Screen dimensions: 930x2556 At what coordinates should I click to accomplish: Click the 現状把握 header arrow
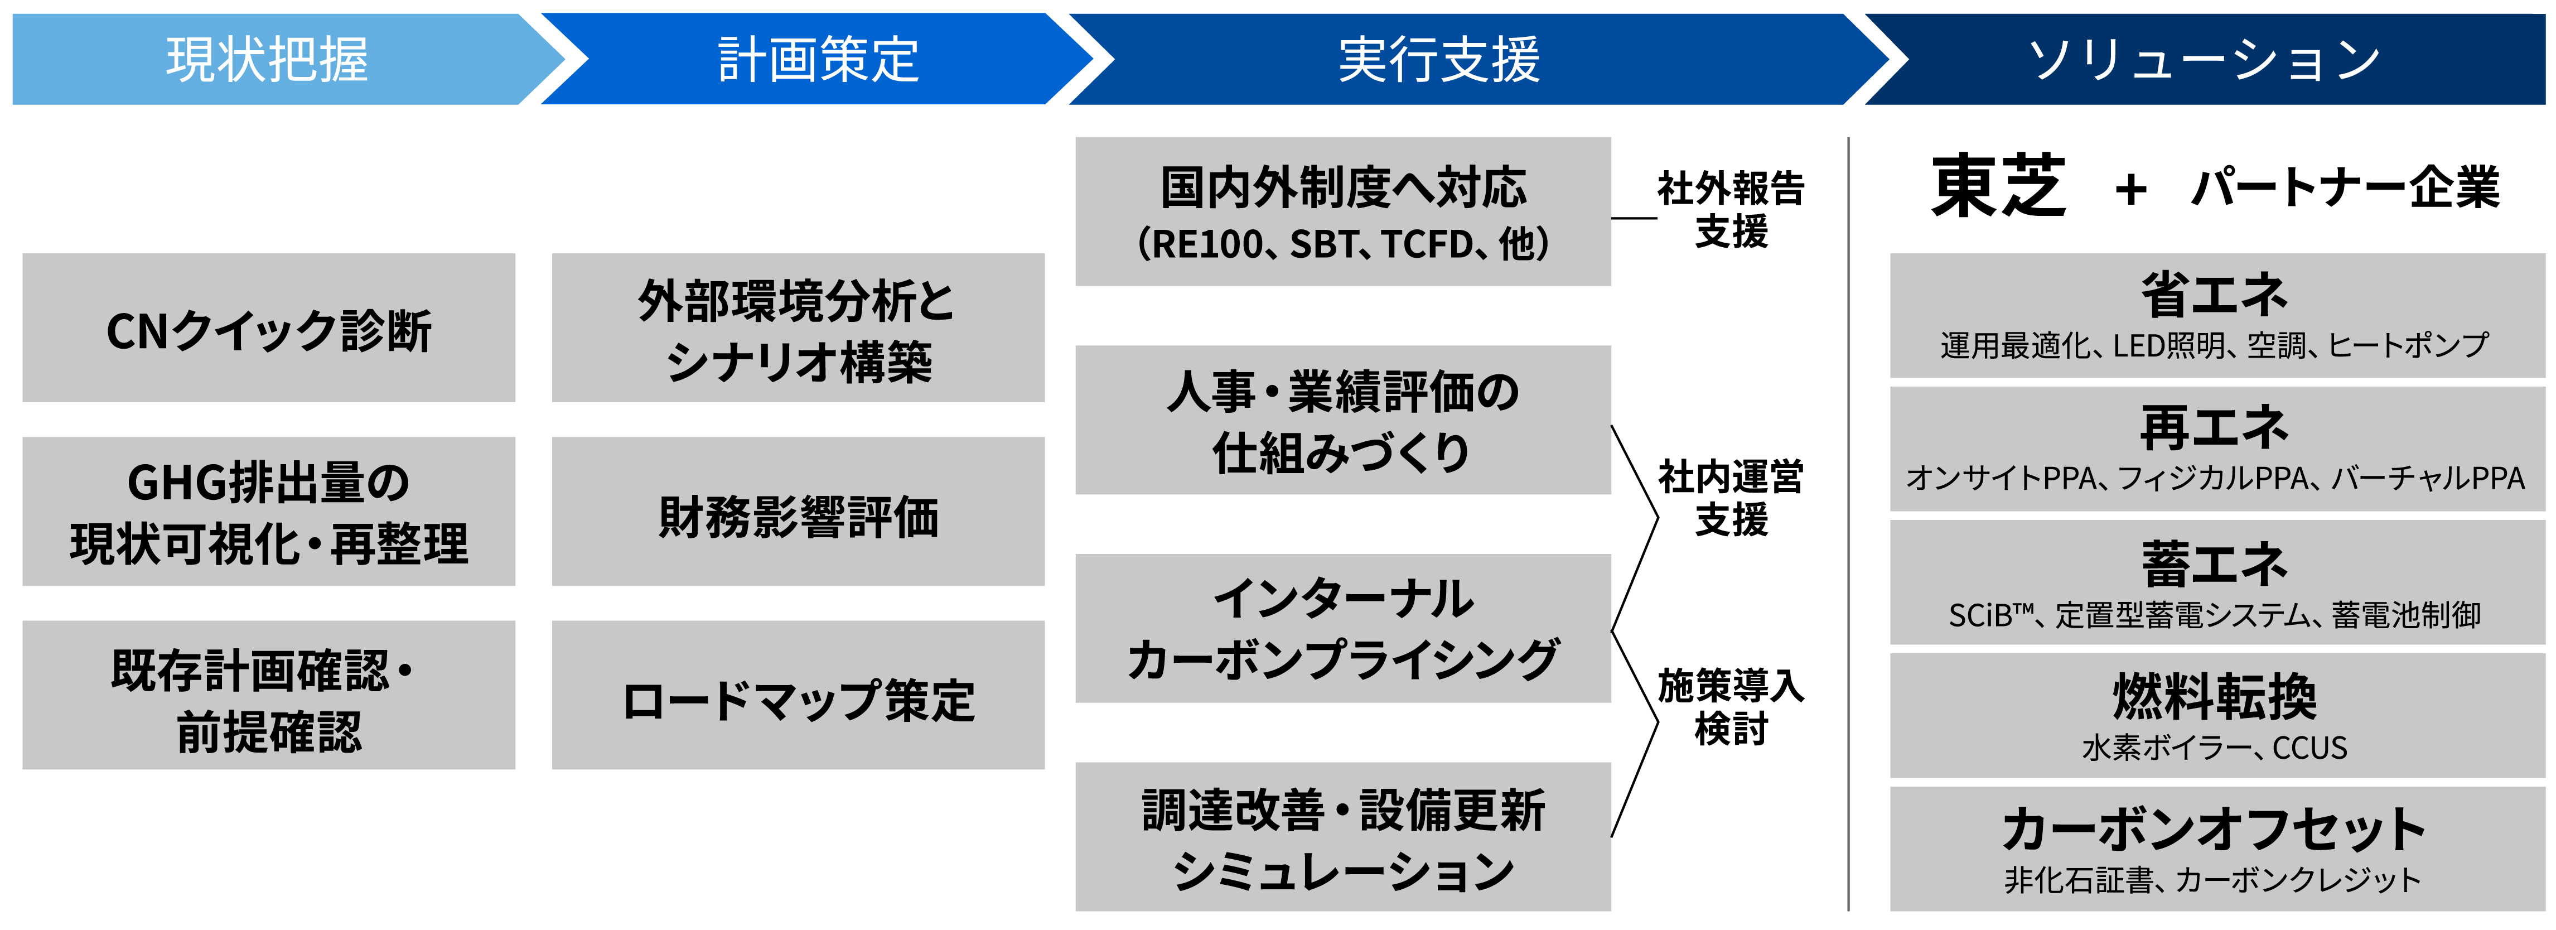pos(268,60)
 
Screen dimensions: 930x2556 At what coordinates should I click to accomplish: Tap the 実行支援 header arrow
pos(1439,60)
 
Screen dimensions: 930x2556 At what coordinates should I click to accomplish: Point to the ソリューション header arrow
pos(2203,60)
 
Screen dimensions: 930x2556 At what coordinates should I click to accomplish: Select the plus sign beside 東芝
pos(2130,189)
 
